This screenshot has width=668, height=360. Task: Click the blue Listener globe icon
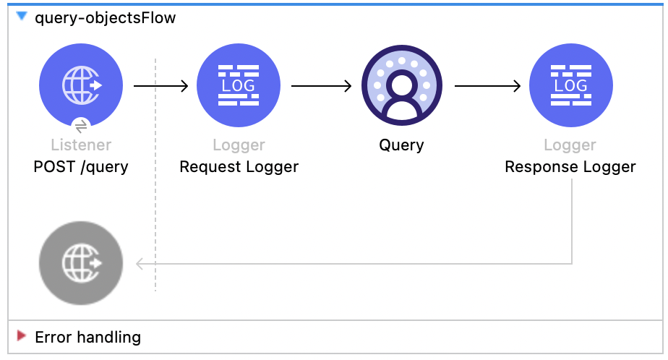(x=81, y=85)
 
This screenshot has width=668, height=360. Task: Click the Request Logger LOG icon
(x=239, y=85)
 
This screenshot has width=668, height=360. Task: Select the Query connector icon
(x=402, y=85)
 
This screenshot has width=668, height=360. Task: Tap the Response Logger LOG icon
(x=570, y=85)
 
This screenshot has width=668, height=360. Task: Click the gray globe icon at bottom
(x=81, y=262)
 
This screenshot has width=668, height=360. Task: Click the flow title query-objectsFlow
(x=105, y=18)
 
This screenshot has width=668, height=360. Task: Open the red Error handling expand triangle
(x=21, y=337)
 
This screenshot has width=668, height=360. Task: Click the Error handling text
(x=87, y=337)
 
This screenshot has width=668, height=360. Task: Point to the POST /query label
(x=81, y=167)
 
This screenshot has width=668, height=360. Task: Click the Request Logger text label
(x=239, y=167)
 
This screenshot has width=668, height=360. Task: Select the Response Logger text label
(x=570, y=167)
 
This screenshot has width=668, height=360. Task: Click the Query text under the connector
(x=402, y=145)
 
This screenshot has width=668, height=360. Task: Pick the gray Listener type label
(x=81, y=146)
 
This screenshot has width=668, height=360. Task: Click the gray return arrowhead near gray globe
(x=140, y=264)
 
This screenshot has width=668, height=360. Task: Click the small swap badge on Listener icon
(x=81, y=125)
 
